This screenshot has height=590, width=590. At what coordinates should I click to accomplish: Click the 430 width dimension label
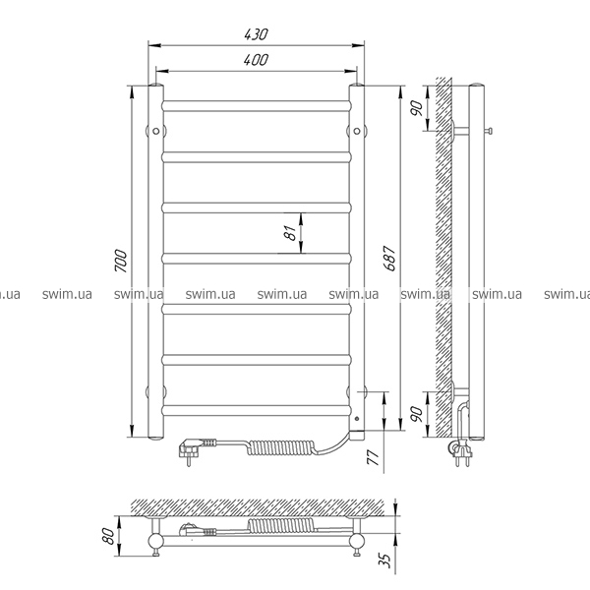click(x=256, y=34)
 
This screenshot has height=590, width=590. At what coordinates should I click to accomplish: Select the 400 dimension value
click(x=256, y=60)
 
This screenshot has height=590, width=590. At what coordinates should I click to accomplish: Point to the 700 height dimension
click(x=121, y=261)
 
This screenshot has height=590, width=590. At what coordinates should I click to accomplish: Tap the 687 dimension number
click(x=389, y=258)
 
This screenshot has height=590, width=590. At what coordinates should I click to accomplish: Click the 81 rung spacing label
click(x=290, y=233)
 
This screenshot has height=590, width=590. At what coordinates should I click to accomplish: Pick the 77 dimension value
click(x=374, y=457)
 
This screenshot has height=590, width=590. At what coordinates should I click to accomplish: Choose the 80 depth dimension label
click(x=108, y=536)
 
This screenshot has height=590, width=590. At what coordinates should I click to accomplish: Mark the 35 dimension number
click(x=385, y=560)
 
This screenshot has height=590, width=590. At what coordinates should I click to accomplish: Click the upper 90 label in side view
click(x=417, y=108)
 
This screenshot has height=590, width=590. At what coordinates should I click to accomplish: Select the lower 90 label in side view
click(x=417, y=414)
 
